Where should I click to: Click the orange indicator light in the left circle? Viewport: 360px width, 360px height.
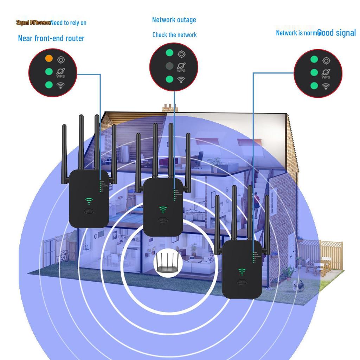[49, 58]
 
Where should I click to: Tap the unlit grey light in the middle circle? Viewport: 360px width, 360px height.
[169, 66]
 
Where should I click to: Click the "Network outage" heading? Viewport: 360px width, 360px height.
[174, 20]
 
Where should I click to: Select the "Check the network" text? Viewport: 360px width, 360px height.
[174, 35]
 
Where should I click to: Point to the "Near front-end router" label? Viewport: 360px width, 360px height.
[51, 38]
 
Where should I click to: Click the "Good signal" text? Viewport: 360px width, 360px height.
[337, 33]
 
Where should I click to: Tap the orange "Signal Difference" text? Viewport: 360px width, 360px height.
[33, 22]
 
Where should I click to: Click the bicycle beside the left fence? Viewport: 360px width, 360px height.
[63, 257]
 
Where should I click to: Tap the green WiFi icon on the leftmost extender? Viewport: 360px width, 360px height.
[89, 201]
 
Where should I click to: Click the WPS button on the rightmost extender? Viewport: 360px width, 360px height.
[242, 282]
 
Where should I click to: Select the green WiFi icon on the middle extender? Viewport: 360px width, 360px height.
[163, 210]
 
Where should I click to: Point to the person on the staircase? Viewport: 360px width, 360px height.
[257, 204]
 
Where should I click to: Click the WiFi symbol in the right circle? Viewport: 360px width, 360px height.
[326, 86]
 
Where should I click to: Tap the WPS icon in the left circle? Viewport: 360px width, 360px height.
[60, 73]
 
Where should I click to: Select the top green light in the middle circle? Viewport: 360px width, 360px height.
[169, 53]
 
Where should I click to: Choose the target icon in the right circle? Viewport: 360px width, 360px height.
[327, 61]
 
